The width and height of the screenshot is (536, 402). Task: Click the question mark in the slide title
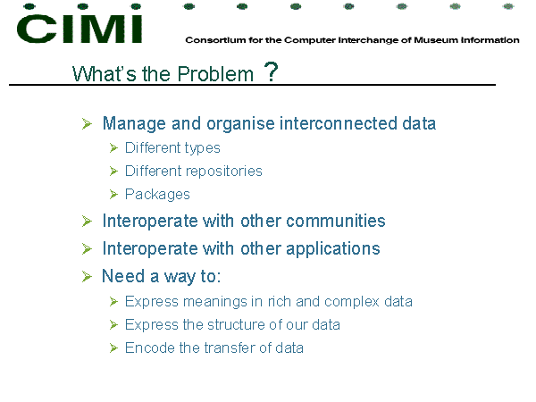coord(271,71)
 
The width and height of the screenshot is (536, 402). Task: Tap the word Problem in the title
coord(215,73)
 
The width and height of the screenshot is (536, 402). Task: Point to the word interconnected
coord(338,123)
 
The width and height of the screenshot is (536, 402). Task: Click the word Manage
coord(134,124)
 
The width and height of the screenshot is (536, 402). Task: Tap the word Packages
coord(157,195)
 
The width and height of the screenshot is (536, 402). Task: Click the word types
coord(202,148)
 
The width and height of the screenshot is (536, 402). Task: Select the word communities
coord(336,221)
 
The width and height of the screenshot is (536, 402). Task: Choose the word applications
coord(333,249)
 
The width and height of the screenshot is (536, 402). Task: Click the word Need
coord(123,276)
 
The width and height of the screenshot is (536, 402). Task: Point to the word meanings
coord(215,302)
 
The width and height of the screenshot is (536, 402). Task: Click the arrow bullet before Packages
coord(113,195)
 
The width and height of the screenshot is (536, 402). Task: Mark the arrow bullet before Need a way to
coord(88,277)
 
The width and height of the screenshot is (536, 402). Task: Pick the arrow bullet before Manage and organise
coord(88,124)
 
